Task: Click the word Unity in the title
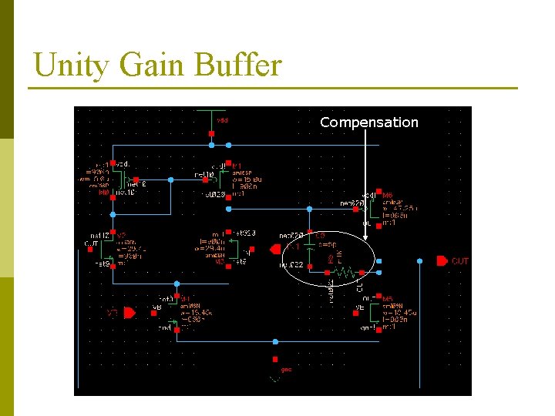click(68, 65)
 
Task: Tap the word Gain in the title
click(145, 65)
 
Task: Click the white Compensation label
click(368, 122)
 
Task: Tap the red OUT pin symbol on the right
click(442, 261)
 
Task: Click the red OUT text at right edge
click(459, 262)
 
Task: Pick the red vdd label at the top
click(222, 120)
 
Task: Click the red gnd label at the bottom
click(285, 370)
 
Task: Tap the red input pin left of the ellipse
click(275, 248)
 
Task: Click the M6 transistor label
click(387, 196)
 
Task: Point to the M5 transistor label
click(388, 299)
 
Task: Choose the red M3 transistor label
click(220, 261)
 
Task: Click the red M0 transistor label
click(104, 193)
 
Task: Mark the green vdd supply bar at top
click(211, 110)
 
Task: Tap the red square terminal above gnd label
click(275, 359)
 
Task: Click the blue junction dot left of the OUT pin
click(419, 261)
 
